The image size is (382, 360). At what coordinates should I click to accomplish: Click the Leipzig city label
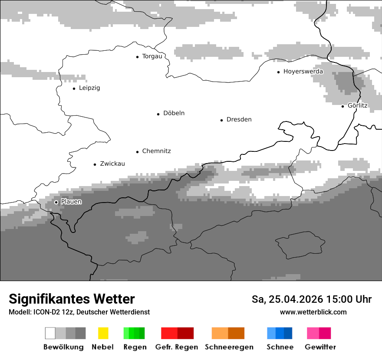[x=89, y=88]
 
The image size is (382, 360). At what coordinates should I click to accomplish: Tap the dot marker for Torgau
[x=137, y=56]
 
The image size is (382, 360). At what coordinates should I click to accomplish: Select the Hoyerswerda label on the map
[x=303, y=72]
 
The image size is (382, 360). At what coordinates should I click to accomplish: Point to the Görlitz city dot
[x=342, y=106]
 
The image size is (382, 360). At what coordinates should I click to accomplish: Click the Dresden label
[x=239, y=120]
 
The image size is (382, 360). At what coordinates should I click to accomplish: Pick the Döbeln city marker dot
[x=158, y=114]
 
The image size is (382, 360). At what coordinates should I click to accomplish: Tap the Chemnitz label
[x=156, y=151]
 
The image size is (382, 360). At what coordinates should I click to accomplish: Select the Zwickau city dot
[x=95, y=164]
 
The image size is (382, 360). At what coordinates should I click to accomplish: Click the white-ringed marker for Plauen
[x=56, y=202]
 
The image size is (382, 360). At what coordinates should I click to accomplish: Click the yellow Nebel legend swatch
[x=103, y=333]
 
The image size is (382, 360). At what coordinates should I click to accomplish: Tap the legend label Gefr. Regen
[x=177, y=347]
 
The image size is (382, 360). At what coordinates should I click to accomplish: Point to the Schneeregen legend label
[x=229, y=347]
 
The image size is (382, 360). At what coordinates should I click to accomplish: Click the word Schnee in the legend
[x=280, y=347]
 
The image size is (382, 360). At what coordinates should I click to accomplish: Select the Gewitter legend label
[x=320, y=347]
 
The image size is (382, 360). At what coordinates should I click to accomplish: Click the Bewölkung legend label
[x=63, y=347]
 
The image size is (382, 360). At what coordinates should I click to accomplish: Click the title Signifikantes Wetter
[x=72, y=299]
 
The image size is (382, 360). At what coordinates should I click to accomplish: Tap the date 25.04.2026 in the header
[x=294, y=299]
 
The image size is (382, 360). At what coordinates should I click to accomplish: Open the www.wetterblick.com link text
[x=313, y=312]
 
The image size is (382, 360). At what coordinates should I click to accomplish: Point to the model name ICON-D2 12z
[x=50, y=312]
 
